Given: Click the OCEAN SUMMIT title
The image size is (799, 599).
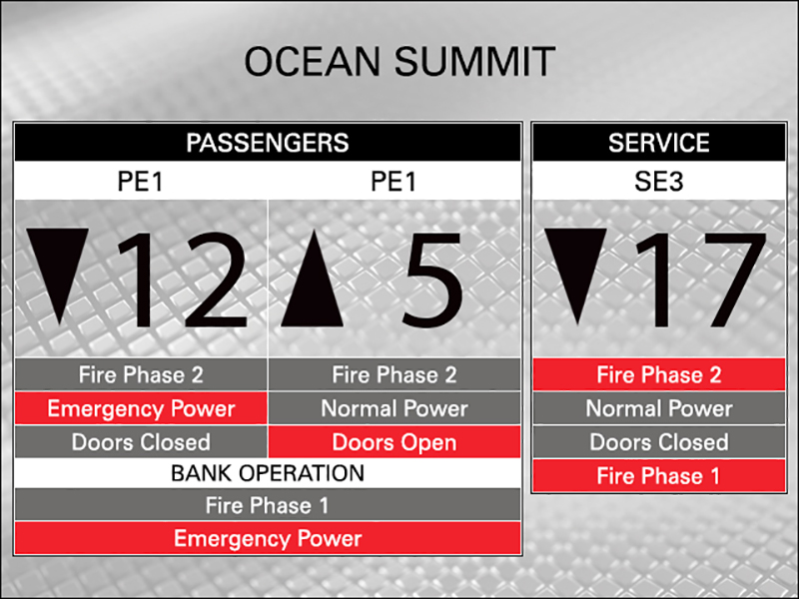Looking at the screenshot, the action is pyautogui.click(x=399, y=62).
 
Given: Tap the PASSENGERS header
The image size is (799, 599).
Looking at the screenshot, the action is pyautogui.click(x=268, y=143).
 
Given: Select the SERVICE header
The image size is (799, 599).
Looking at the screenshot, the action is pyautogui.click(x=659, y=143).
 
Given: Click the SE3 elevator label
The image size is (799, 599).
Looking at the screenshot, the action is pyautogui.click(x=659, y=182).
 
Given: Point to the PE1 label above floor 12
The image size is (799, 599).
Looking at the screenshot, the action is pyautogui.click(x=140, y=182).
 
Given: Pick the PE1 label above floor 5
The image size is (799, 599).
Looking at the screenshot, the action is pyautogui.click(x=394, y=182).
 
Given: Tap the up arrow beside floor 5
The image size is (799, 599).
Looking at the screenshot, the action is pyautogui.click(x=312, y=279).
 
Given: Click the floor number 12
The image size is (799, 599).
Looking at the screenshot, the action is pyautogui.click(x=184, y=280).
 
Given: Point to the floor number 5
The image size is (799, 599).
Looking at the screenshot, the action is pyautogui.click(x=432, y=281).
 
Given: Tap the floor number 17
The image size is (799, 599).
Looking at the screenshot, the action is pyautogui.click(x=702, y=280).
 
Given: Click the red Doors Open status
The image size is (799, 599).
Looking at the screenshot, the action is pyautogui.click(x=395, y=442).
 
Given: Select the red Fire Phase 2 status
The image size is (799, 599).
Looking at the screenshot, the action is pyautogui.click(x=659, y=375).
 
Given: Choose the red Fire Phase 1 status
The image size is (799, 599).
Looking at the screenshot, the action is pyautogui.click(x=659, y=476).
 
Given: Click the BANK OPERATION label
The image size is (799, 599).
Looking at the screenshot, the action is pyautogui.click(x=268, y=473).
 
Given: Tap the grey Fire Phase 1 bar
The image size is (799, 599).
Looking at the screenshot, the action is pyautogui.click(x=268, y=505).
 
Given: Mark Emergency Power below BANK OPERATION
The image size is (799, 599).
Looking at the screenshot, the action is pyautogui.click(x=268, y=538).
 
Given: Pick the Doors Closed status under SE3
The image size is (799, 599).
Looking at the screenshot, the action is pyautogui.click(x=659, y=442).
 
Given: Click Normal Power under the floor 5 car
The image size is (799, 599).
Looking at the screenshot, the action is pyautogui.click(x=395, y=408).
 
